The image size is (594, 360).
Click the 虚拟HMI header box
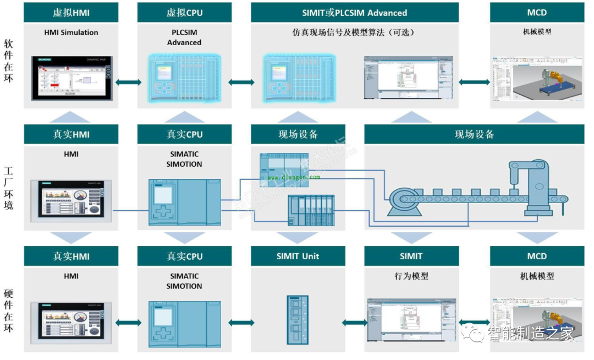[x=71, y=12]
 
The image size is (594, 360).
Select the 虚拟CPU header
[x=184, y=12]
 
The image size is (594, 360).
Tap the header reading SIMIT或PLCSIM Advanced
[x=354, y=12]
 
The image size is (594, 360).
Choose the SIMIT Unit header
[x=298, y=256]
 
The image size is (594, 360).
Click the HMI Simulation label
[x=71, y=32]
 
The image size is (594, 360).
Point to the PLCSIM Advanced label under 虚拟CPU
[x=184, y=37]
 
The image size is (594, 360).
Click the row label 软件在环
[x=8, y=61]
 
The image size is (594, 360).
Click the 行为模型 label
[x=411, y=276]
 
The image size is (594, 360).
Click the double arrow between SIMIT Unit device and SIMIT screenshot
[x=354, y=323]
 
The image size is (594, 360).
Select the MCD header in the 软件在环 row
[x=536, y=12]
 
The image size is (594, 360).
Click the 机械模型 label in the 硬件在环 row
[x=536, y=276]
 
